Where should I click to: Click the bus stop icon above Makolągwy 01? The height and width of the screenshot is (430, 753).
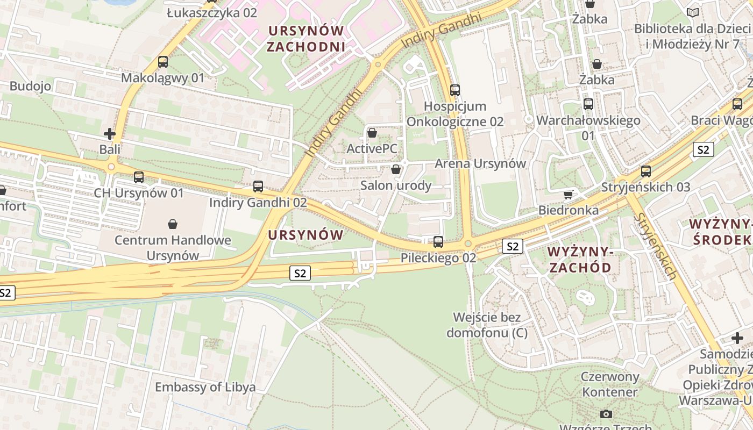pyautogui.click(x=163, y=62)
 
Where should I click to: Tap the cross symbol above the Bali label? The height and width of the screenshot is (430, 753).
pyautogui.click(x=110, y=133)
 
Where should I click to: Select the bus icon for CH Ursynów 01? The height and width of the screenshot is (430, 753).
pyautogui.click(x=139, y=177)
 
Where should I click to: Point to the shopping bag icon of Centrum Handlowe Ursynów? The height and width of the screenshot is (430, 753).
pyautogui.click(x=173, y=224)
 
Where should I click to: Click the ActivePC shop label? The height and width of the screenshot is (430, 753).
pyautogui.click(x=372, y=148)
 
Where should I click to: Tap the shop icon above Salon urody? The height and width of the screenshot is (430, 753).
pyautogui.click(x=396, y=169)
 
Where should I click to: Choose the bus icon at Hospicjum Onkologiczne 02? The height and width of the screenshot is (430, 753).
pyautogui.click(x=455, y=90)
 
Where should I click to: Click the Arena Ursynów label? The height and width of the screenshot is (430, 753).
pyautogui.click(x=480, y=163)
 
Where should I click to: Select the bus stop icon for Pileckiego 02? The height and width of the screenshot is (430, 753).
pyautogui.click(x=438, y=241)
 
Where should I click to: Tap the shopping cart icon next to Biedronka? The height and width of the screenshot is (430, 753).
pyautogui.click(x=569, y=194)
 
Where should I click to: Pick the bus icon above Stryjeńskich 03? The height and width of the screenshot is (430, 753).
pyautogui.click(x=646, y=171)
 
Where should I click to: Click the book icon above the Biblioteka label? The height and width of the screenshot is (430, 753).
pyautogui.click(x=693, y=12)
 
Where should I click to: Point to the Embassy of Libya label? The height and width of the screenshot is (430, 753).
pyautogui.click(x=205, y=387)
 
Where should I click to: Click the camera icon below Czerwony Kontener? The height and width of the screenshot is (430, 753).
pyautogui.click(x=606, y=414)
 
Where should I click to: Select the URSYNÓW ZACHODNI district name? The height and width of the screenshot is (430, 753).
pyautogui.click(x=306, y=38)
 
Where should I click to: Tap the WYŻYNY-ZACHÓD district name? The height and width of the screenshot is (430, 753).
pyautogui.click(x=579, y=259)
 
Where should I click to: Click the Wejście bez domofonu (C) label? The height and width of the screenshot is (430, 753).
pyautogui.click(x=490, y=325)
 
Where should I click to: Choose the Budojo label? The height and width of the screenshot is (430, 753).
pyautogui.click(x=30, y=86)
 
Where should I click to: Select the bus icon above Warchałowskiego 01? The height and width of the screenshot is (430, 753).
pyautogui.click(x=588, y=104)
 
